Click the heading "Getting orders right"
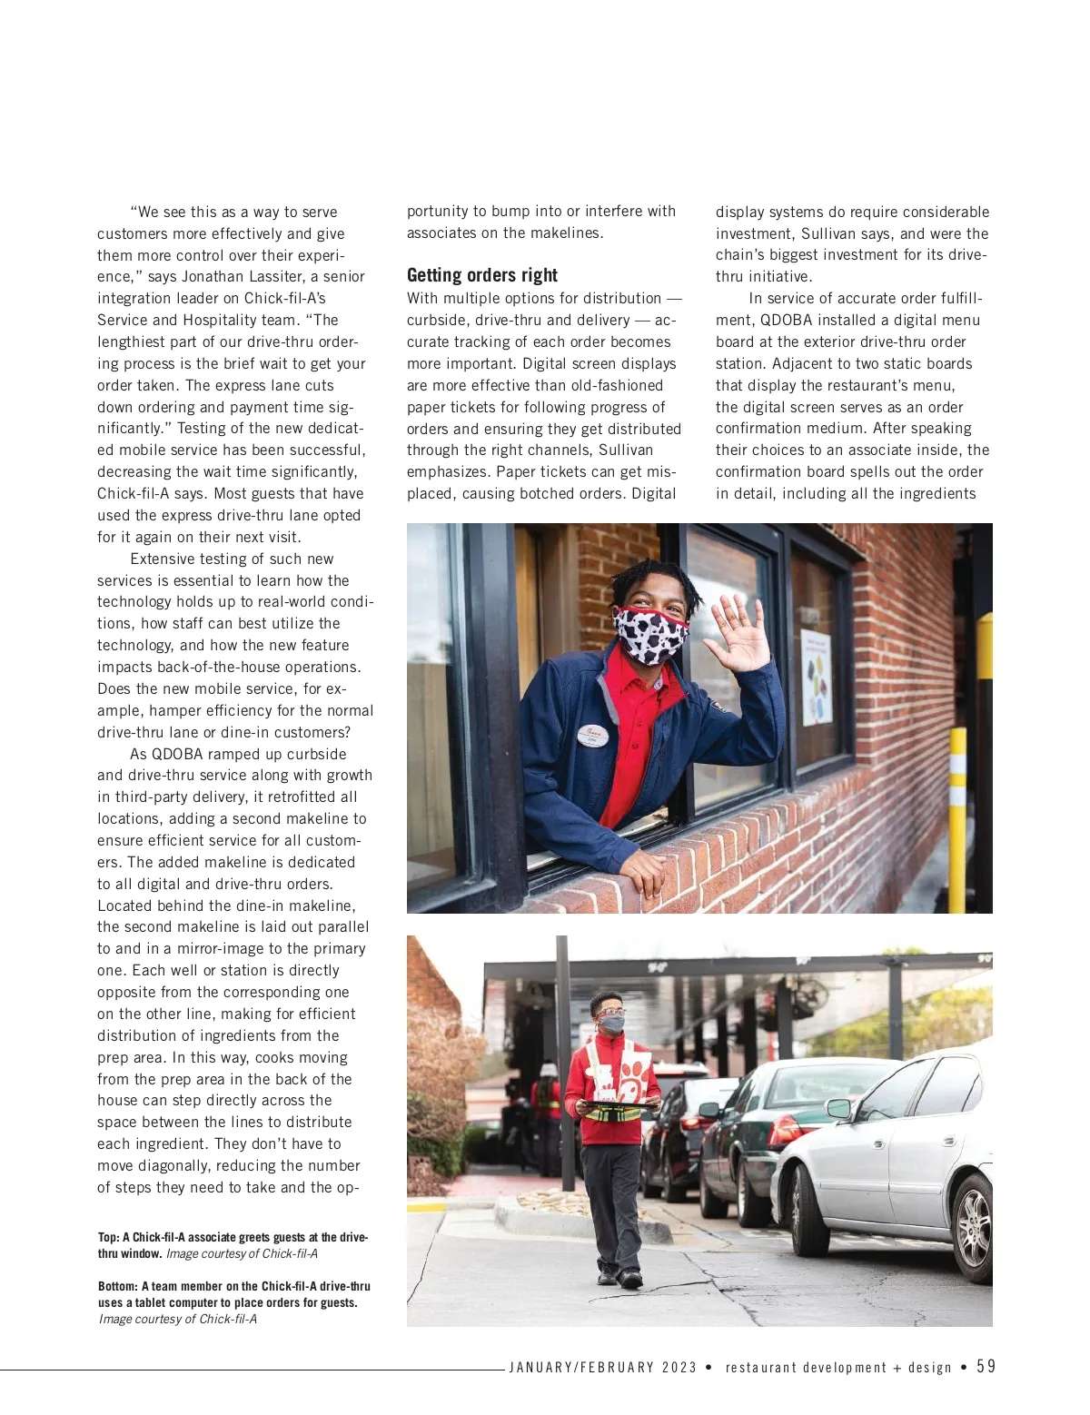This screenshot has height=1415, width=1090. (x=481, y=275)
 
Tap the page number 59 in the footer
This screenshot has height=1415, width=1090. (x=986, y=1367)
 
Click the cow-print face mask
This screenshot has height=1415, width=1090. (x=650, y=634)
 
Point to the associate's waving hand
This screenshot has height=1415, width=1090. (x=740, y=634)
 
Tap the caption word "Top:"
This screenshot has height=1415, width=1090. (x=109, y=1238)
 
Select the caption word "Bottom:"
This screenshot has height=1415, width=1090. (x=117, y=1287)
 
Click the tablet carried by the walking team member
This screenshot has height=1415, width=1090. (x=621, y=1105)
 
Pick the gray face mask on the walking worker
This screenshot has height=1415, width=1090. (x=612, y=1024)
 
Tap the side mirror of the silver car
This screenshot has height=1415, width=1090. (x=837, y=1108)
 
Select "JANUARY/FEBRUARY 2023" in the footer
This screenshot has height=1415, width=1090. (x=602, y=1368)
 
